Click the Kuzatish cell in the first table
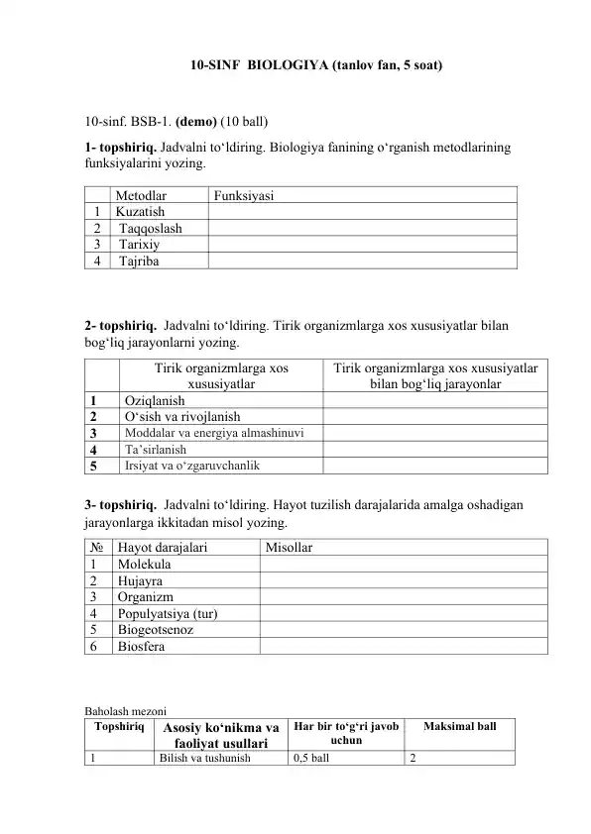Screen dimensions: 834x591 coord(140,211)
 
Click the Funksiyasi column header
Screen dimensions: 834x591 coord(244,195)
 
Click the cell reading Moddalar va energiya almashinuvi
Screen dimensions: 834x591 coord(213,433)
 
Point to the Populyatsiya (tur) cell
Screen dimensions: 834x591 coord(168,613)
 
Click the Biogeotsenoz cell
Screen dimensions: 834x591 coord(155,629)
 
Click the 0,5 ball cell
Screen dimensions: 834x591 coord(311,758)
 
